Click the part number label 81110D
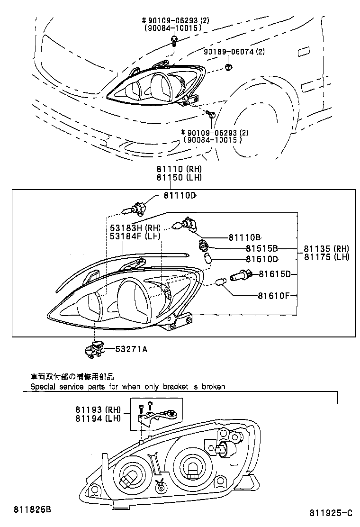[180, 195]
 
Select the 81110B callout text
[245, 237]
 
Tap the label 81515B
[261, 248]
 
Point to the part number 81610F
[273, 296]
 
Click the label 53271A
[131, 349]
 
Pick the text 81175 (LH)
[326, 257]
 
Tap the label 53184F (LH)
[135, 236]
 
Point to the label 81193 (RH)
[98, 409]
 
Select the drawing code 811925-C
[331, 513]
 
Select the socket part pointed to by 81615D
[241, 275]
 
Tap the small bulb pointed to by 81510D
[207, 258]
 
